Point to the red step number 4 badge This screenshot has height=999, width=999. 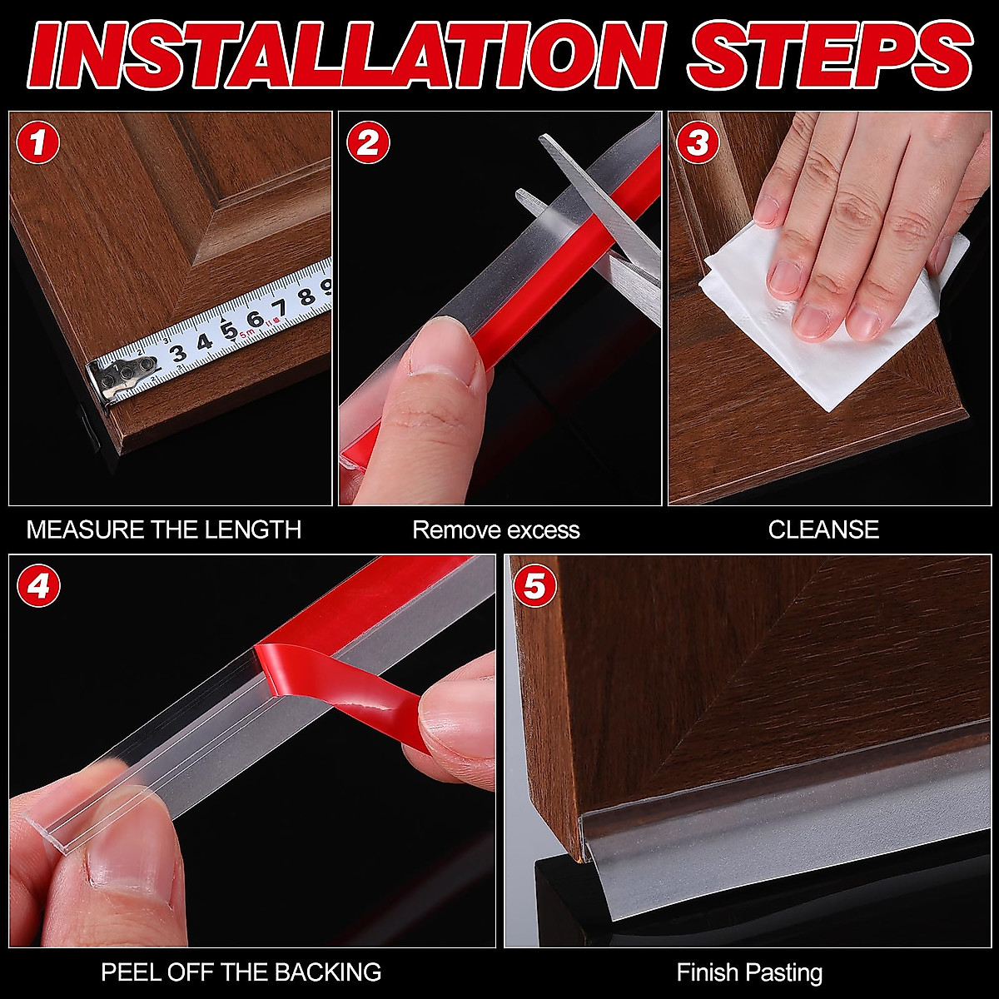pyautogui.click(x=37, y=586)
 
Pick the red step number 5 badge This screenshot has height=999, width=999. pyautogui.click(x=534, y=586)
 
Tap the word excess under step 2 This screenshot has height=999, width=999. pyautogui.click(x=544, y=530)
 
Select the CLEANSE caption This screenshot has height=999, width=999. pyautogui.click(x=823, y=529)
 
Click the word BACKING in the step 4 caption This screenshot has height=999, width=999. pyautogui.click(x=328, y=972)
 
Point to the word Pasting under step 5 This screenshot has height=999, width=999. pyautogui.click(x=787, y=973)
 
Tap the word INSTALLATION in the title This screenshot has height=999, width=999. pyautogui.click(x=347, y=55)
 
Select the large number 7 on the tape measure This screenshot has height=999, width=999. pyautogui.click(x=281, y=308)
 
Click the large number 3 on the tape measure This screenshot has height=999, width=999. pyautogui.click(x=179, y=353)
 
